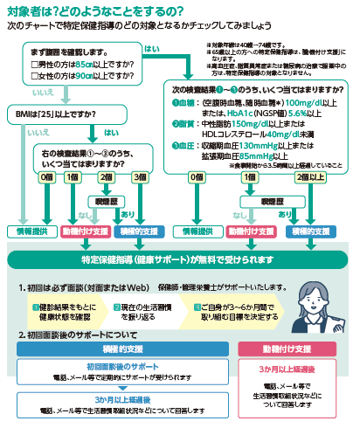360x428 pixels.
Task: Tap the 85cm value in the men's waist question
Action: point(82,64)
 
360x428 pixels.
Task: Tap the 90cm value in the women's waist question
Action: point(82,76)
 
